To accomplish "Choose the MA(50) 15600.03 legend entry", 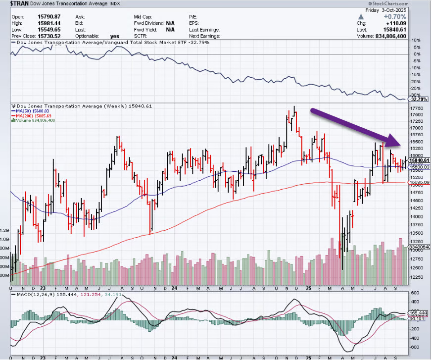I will pyautogui.click(x=36, y=111).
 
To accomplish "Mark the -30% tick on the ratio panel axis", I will pyautogui.click(x=416, y=95).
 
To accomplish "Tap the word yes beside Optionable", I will pyautogui.click(x=115, y=36).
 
